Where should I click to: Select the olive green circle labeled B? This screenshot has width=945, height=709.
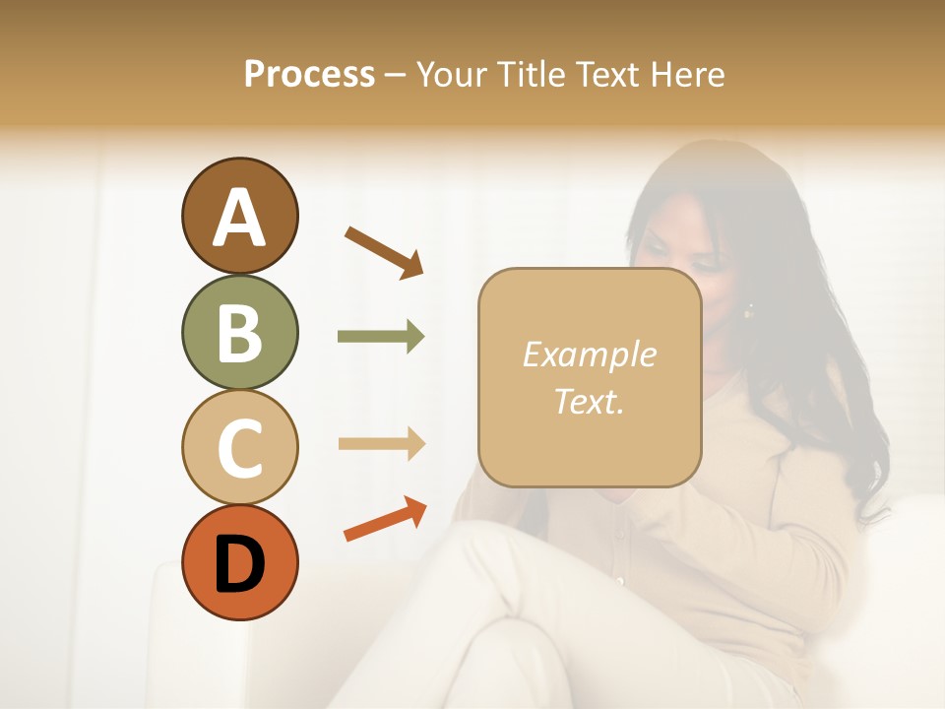(239, 332)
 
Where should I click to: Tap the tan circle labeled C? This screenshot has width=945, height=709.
(239, 447)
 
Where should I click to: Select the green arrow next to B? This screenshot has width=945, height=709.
(381, 337)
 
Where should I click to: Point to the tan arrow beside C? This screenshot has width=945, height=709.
(381, 444)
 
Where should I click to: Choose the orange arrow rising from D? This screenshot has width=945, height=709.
(385, 520)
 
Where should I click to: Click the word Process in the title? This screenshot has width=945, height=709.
(309, 75)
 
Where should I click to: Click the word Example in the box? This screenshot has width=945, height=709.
(589, 354)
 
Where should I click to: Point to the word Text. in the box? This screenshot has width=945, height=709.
(589, 401)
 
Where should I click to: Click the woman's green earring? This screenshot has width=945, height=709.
(748, 311)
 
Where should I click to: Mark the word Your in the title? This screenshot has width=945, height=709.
(449, 75)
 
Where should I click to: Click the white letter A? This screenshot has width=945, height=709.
(239, 219)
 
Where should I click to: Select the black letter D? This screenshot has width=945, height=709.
(239, 564)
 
